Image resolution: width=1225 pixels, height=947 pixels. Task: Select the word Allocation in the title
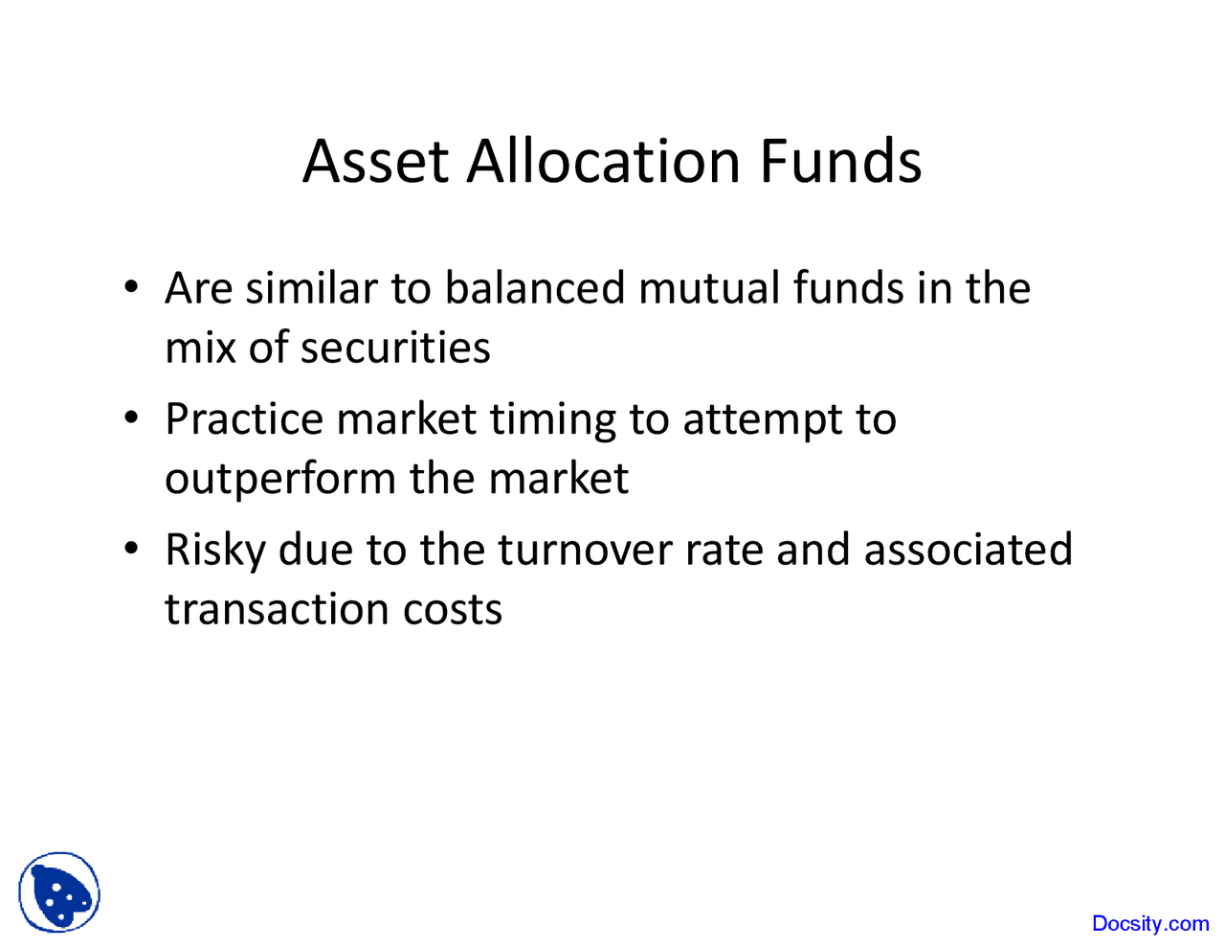(x=603, y=161)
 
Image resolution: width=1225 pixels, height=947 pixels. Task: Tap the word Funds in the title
(x=840, y=161)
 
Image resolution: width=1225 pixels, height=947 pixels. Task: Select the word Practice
(x=244, y=419)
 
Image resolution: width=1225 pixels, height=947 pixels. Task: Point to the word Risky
(x=214, y=551)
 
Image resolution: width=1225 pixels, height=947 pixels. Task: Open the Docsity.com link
(x=1150, y=924)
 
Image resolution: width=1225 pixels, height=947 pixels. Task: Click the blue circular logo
(x=59, y=892)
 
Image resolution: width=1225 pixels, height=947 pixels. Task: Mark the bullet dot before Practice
(x=133, y=417)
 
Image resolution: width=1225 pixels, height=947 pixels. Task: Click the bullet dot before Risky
(x=133, y=549)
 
